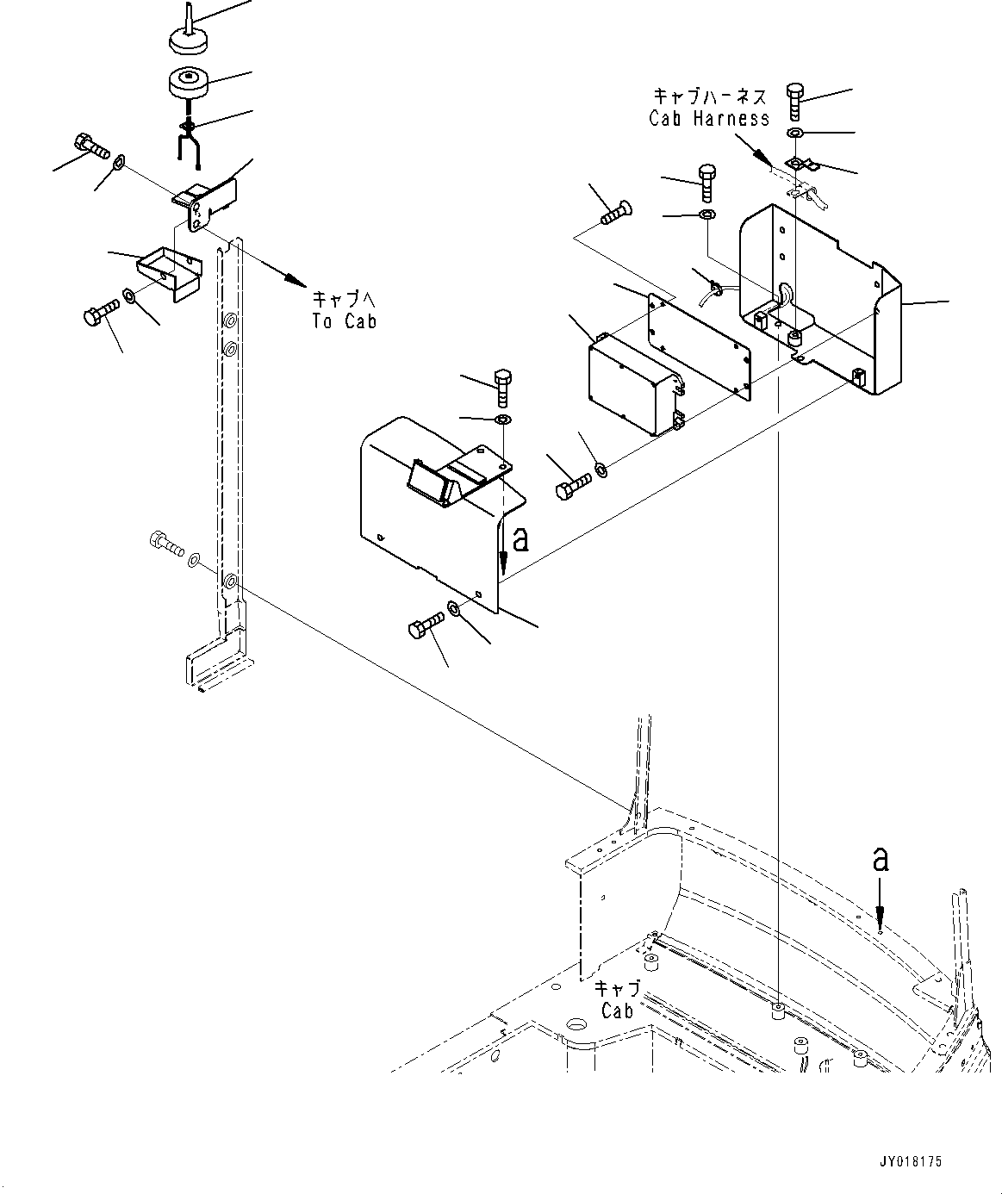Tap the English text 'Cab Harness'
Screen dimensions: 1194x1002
click(709, 118)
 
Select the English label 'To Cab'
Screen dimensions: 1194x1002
click(345, 320)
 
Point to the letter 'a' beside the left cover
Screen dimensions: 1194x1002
click(520, 540)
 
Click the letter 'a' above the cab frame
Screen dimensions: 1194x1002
click(879, 860)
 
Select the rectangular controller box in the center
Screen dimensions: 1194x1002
click(632, 383)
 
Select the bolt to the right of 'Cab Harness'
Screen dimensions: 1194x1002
click(795, 102)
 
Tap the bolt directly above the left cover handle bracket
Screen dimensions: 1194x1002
click(503, 388)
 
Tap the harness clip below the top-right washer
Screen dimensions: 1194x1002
click(798, 163)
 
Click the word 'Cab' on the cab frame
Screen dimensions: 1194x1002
click(617, 1010)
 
